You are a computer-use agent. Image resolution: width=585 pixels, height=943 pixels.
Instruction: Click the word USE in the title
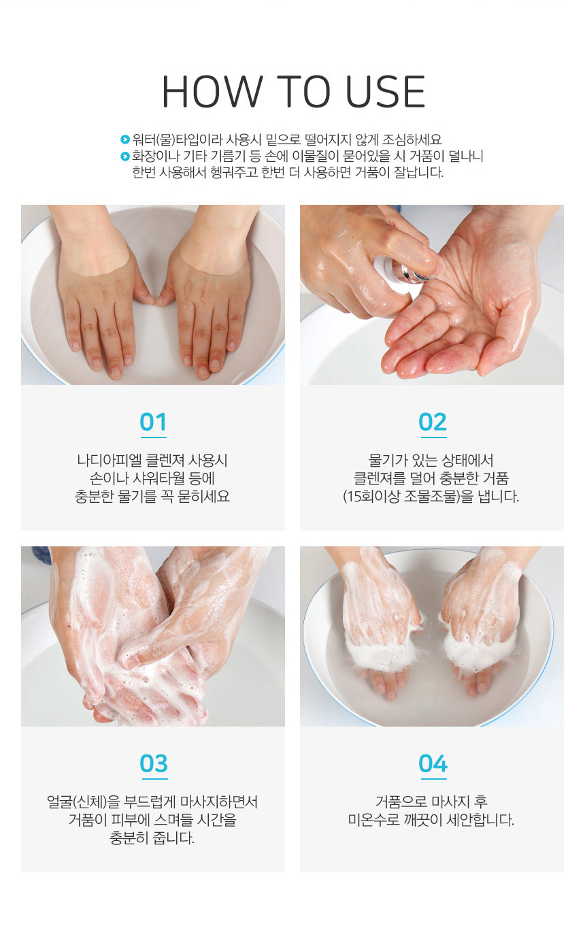pos(384,92)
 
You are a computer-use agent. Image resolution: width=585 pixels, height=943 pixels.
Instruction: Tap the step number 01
pos(153,422)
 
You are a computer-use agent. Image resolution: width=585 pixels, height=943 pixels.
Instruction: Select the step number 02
pos(432,422)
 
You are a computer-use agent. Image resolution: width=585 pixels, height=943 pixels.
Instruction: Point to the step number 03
pos(154,763)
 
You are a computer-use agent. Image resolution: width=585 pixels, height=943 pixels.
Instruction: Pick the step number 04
pos(433,763)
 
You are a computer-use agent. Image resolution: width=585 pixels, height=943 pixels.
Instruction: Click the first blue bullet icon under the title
pos(124,139)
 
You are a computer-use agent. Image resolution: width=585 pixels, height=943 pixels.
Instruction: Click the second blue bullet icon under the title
pos(124,156)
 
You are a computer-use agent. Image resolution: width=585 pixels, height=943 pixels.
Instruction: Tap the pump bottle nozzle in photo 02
pos(402,272)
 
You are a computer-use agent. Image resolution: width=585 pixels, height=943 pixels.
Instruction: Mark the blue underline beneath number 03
pos(154,779)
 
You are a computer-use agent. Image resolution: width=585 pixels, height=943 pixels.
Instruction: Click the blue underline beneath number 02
pos(433,437)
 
